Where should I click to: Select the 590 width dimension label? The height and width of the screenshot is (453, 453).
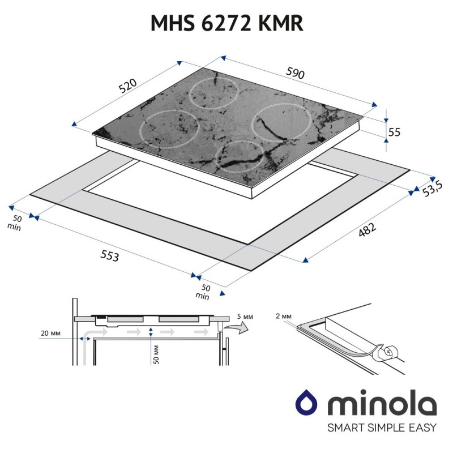(x=296, y=73)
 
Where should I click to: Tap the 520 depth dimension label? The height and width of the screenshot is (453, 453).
(x=129, y=87)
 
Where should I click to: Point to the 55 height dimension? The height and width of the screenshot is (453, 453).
(x=394, y=132)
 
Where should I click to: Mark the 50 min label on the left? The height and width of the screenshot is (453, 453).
(x=16, y=222)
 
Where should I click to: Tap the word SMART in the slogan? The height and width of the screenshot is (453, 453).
(x=332, y=428)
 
